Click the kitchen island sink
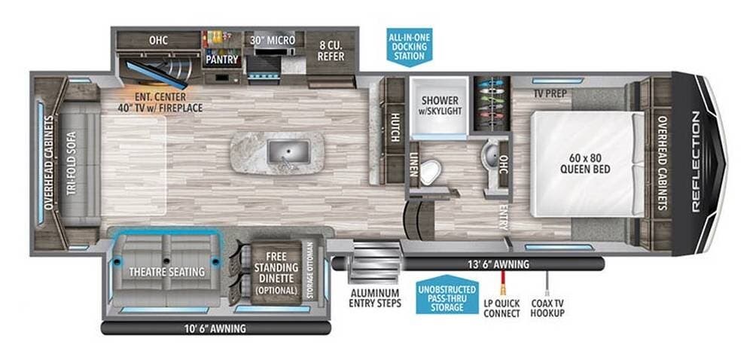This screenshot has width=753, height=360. [288, 151]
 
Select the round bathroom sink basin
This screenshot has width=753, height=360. [490, 154]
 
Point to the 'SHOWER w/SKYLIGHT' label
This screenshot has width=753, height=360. [440, 106]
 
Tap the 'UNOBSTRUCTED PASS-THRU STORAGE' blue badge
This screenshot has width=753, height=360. [447, 294]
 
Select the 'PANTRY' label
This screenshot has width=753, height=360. [222, 59]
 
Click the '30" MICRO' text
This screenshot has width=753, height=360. [271, 40]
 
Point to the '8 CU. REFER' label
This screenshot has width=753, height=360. [331, 50]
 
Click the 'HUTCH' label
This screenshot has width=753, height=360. [395, 128]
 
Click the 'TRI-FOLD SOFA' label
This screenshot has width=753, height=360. [71, 163]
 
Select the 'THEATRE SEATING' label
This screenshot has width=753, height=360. [166, 272]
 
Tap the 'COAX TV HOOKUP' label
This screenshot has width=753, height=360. [547, 308]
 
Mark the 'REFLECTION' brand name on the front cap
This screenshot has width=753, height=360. [696, 162]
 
